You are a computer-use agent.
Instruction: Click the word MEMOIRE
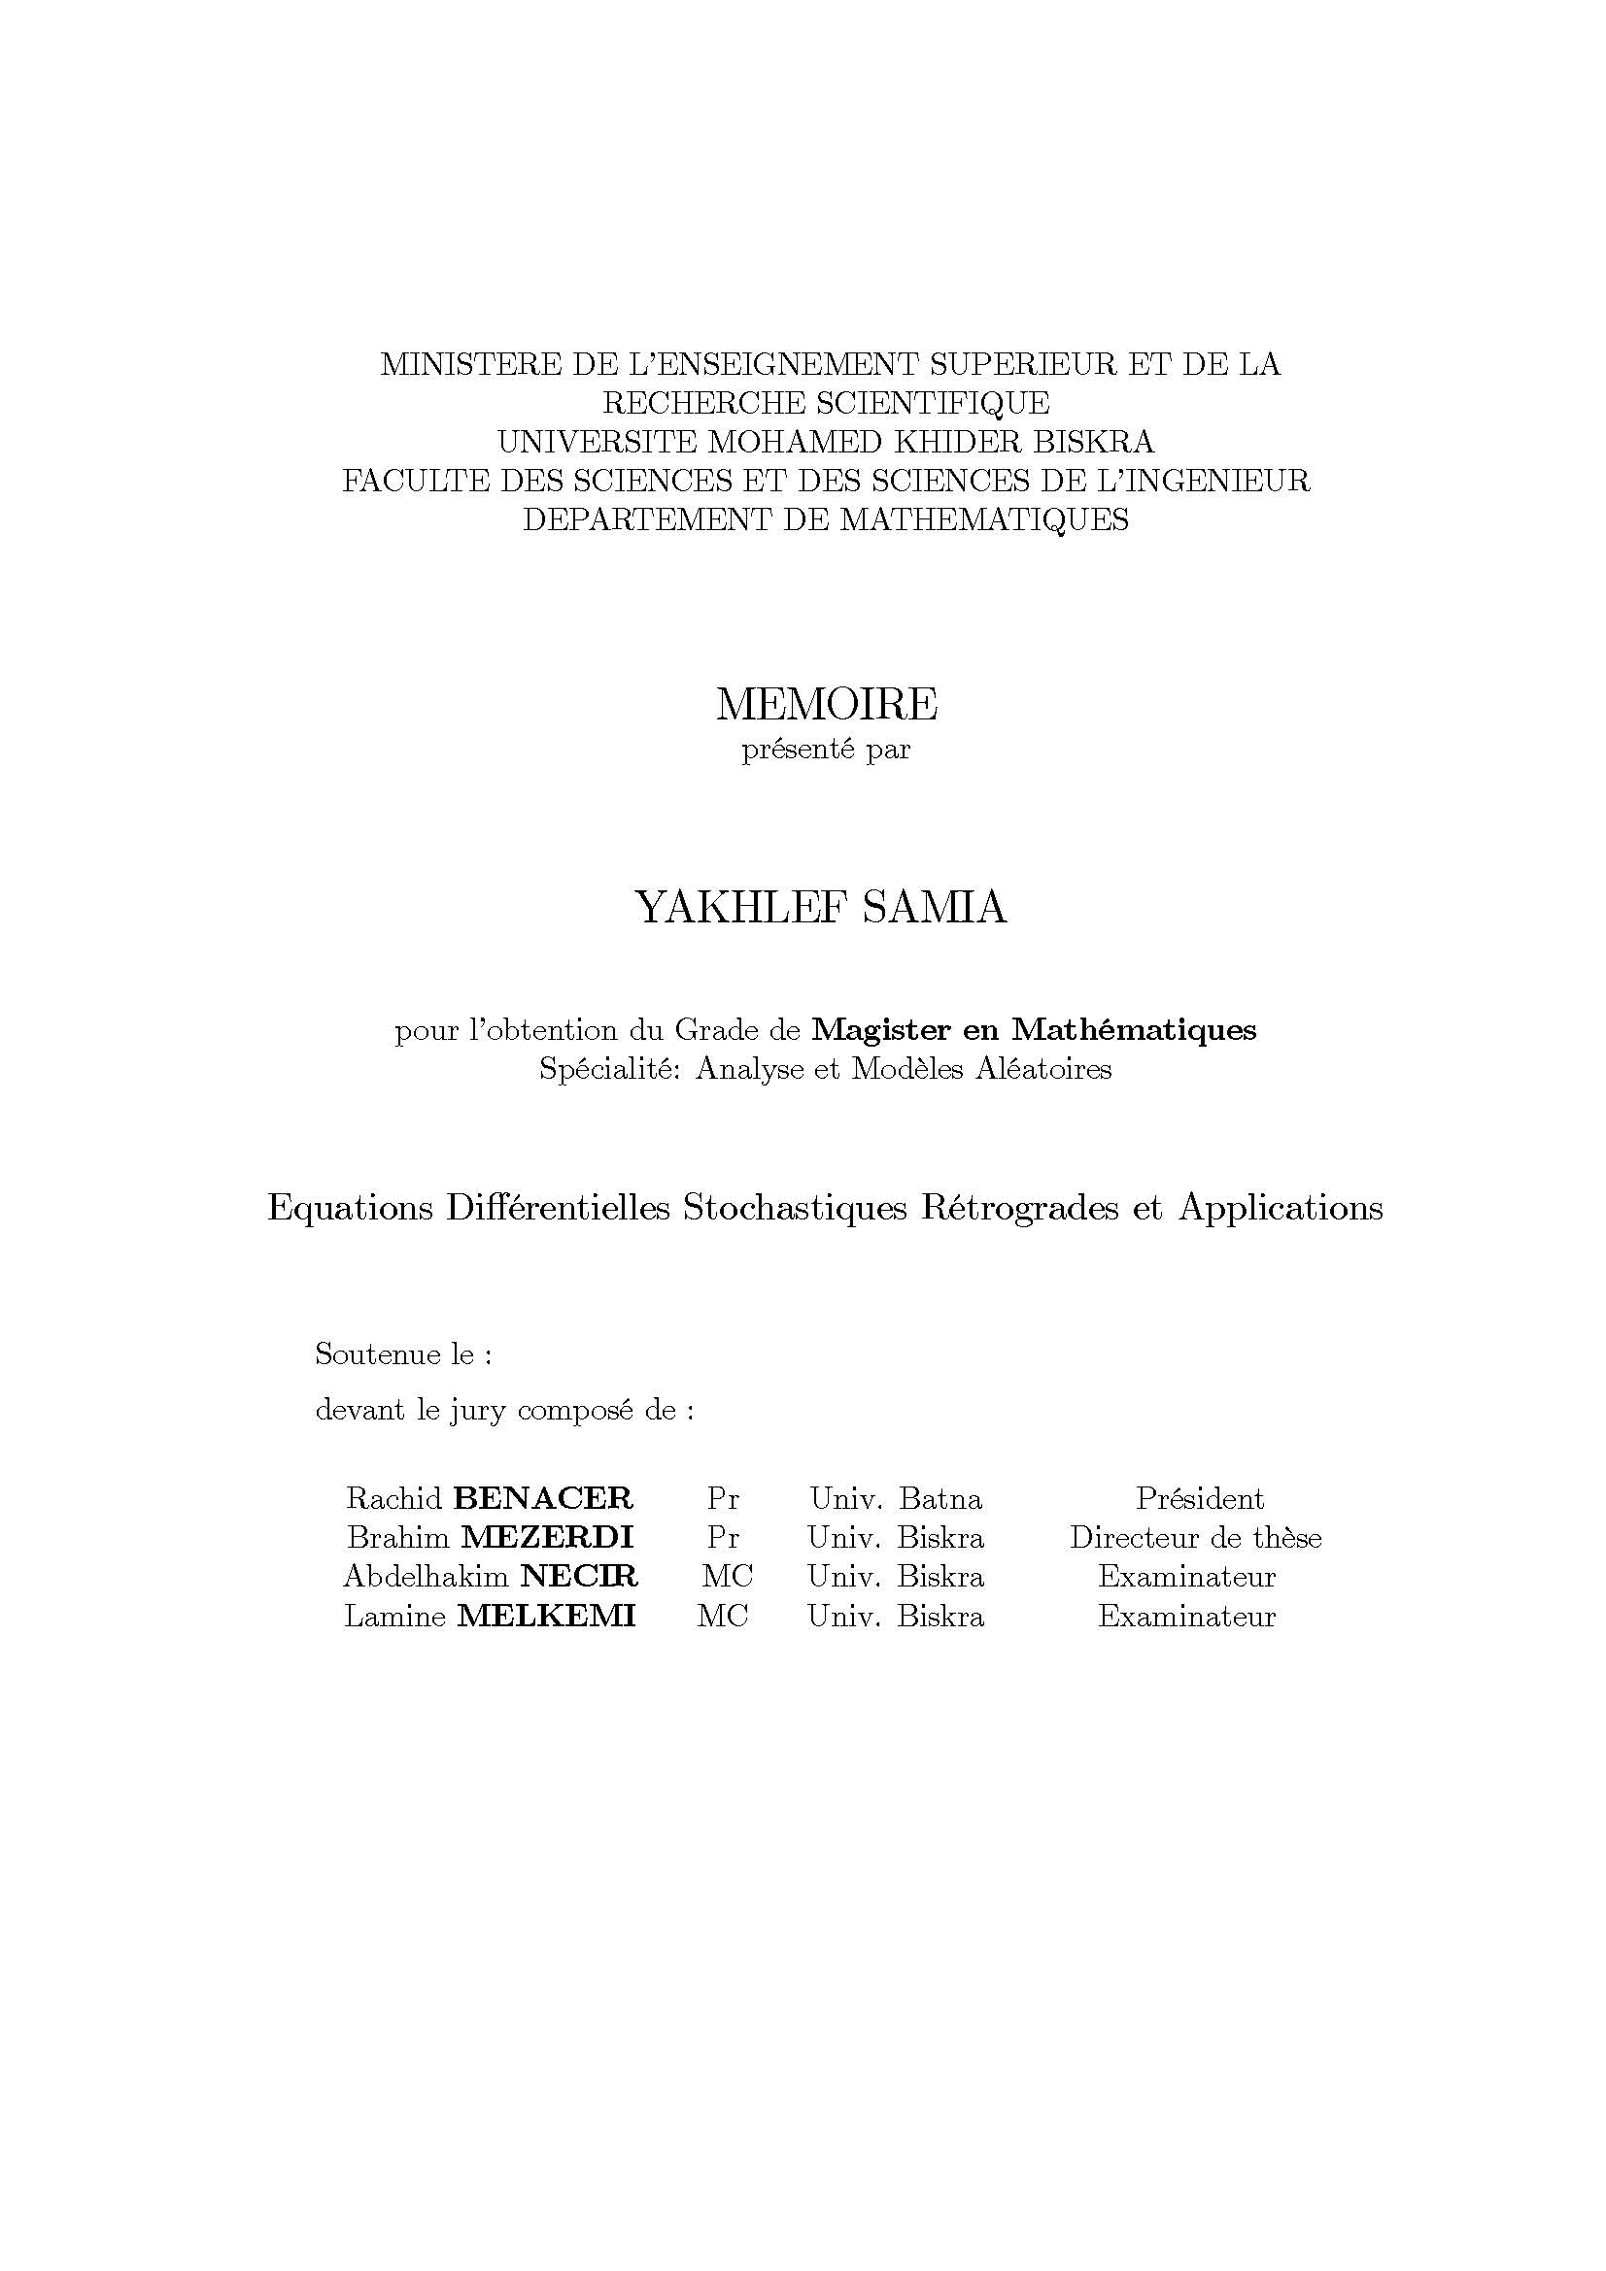click(x=826, y=704)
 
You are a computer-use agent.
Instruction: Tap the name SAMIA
click(x=933, y=908)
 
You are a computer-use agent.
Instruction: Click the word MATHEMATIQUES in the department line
click(x=984, y=519)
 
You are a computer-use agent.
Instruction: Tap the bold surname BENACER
click(x=543, y=1498)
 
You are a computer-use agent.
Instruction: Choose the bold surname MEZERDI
click(x=547, y=1537)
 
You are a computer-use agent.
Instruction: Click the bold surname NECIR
click(x=579, y=1576)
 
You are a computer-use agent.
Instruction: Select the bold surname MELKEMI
click(x=546, y=1616)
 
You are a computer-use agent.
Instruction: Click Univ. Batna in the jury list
click(x=896, y=1498)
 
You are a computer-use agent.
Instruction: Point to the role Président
click(x=1199, y=1498)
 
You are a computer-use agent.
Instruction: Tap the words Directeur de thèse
click(x=1195, y=1537)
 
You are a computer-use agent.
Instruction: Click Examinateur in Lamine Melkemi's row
click(x=1186, y=1616)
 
